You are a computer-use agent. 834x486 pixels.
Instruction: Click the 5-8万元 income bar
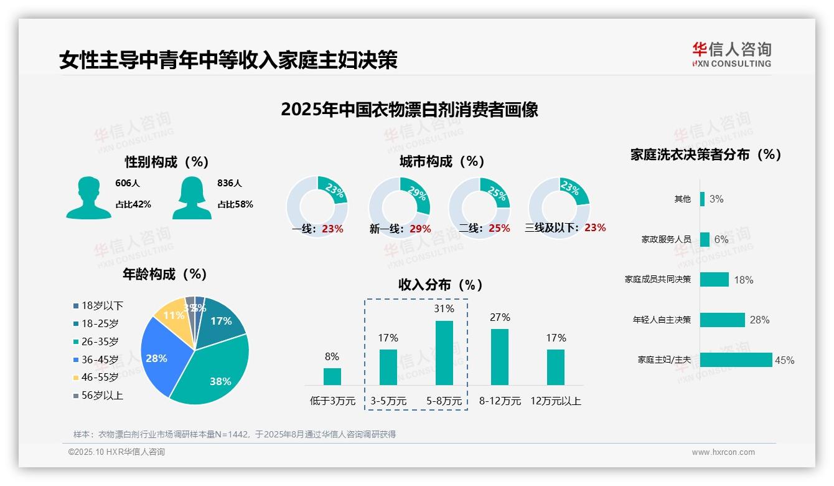point(444,353)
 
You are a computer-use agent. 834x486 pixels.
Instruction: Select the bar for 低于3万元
point(332,376)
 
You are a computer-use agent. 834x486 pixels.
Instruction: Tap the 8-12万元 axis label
point(500,401)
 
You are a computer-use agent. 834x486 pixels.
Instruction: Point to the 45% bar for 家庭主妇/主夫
point(736,360)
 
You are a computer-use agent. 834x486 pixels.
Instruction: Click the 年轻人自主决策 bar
point(722,320)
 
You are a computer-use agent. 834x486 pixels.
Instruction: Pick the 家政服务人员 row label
point(666,239)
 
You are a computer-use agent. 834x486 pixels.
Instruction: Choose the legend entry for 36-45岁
point(100,360)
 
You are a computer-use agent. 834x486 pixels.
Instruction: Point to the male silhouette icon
point(88,198)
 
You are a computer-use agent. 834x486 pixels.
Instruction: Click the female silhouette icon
point(192,198)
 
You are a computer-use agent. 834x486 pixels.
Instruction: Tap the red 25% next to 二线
point(499,229)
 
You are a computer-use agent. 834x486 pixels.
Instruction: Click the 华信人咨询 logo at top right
point(731,54)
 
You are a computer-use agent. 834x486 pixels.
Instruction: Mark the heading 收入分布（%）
point(441,285)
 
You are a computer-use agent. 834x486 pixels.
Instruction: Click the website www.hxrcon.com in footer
point(723,452)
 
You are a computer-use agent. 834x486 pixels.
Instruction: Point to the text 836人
point(230,183)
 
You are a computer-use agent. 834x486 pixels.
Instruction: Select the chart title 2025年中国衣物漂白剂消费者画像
point(409,110)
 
